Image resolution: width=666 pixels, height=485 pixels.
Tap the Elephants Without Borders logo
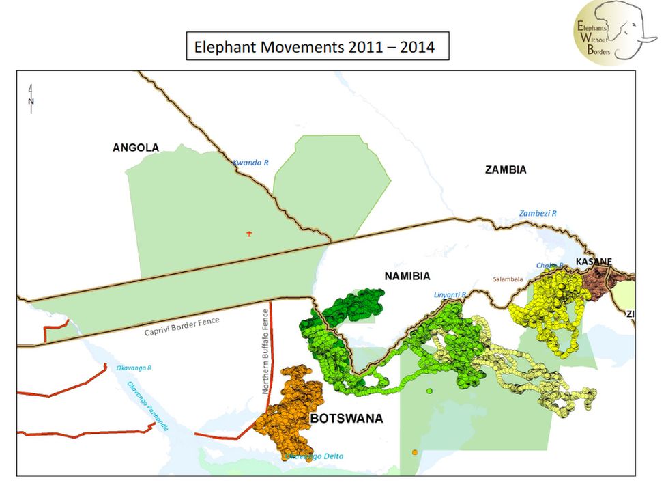[613, 31]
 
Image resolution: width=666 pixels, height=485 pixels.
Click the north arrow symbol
[31, 96]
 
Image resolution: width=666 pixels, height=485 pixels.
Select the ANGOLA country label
[136, 148]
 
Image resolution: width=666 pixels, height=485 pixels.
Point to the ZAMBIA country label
[506, 170]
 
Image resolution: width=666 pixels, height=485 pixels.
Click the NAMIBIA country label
[407, 276]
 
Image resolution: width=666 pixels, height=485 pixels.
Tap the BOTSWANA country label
[347, 418]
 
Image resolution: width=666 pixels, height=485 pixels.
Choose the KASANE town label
[594, 262]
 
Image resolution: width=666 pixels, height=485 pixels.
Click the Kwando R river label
[251, 163]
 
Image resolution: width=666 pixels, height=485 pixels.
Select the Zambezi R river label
[538, 213]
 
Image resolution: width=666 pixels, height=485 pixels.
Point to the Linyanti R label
[449, 295]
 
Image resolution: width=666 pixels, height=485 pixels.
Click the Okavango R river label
[133, 368]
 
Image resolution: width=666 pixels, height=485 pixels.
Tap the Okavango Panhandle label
[147, 405]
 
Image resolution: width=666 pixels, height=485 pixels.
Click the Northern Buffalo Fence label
[266, 351]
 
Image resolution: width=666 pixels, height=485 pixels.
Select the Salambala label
[508, 279]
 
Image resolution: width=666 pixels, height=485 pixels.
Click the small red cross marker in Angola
[249, 234]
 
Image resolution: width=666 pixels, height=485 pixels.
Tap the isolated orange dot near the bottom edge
[415, 452]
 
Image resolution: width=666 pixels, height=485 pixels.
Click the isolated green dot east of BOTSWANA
[429, 391]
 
